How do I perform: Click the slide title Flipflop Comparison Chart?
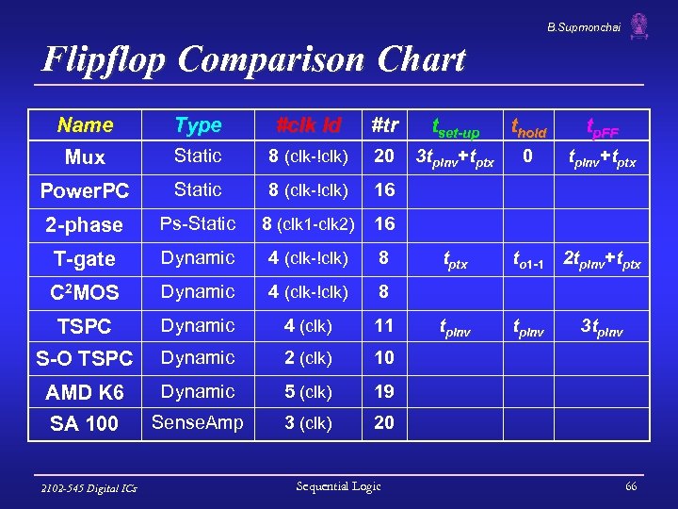[x=254, y=59]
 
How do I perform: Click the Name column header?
[x=85, y=125]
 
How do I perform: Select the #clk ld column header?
[x=308, y=125]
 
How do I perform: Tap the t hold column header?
[x=528, y=127]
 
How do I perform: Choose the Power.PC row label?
[x=85, y=191]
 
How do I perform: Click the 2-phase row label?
[x=85, y=225]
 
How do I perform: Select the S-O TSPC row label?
[x=85, y=359]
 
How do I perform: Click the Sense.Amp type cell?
[x=198, y=423]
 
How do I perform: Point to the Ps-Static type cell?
[x=198, y=224]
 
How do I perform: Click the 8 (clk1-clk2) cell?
[x=308, y=225]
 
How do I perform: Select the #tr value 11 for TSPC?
[x=383, y=326]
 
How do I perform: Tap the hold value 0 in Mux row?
[x=528, y=156]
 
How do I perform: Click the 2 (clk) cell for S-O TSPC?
[x=308, y=359]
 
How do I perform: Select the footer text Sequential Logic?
[x=338, y=486]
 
